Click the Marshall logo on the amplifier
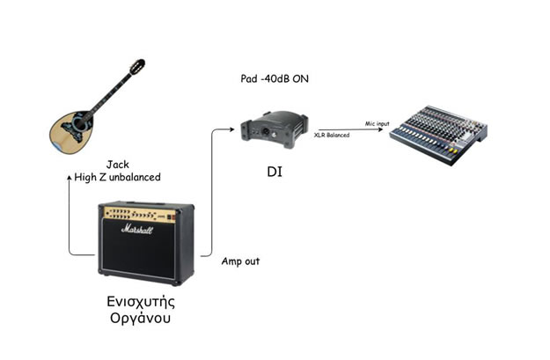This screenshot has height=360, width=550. pos(137,230)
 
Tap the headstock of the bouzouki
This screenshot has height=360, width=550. pos(137,67)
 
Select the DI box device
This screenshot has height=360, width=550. pos(274,129)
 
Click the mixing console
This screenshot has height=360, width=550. pos(439,135)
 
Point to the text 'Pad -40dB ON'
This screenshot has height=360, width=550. pos(275,78)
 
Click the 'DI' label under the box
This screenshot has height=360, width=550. pos(275,172)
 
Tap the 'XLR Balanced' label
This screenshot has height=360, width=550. pos(332,135)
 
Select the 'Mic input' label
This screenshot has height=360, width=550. pos(377,123)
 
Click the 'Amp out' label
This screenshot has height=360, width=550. pos(240,261)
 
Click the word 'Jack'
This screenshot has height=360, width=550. pos(118,165)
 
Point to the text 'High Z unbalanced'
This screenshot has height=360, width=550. pos(118,177)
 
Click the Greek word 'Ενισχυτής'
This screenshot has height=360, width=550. pos(141,302)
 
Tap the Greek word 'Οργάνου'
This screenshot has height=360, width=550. pos(140,319)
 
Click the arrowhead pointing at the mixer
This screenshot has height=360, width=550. pos(380,129)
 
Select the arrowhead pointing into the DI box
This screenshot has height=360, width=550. pos(231,129)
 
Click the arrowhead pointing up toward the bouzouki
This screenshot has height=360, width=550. pos(70,178)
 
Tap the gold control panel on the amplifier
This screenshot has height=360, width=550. pos(140,215)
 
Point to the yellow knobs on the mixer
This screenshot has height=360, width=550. pos(453,151)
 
